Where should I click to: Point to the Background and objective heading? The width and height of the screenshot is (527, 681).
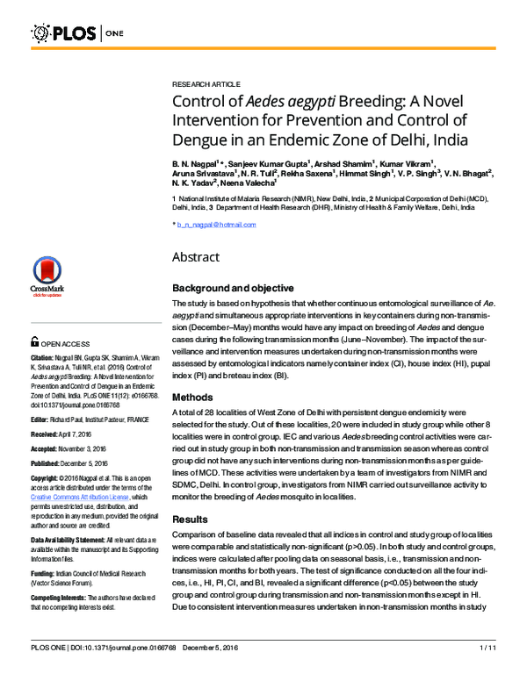pos(233,288)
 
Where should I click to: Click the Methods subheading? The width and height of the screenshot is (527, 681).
pos(192,396)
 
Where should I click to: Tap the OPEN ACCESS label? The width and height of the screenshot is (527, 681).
pos(67,345)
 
